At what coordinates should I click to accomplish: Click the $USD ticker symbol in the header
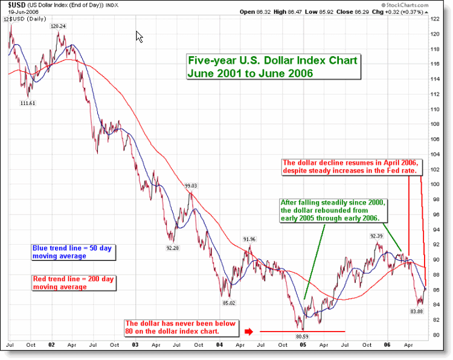tap(16, 4)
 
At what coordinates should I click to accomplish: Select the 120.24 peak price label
tap(59, 26)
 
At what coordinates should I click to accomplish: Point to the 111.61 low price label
tap(28, 103)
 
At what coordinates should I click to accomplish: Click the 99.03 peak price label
tap(191, 185)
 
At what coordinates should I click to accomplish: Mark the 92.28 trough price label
tap(173, 248)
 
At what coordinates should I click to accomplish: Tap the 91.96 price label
tap(248, 239)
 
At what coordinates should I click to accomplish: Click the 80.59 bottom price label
tap(303, 335)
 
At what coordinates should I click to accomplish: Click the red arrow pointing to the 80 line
tap(249, 331)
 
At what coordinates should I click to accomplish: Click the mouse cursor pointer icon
tap(140, 37)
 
